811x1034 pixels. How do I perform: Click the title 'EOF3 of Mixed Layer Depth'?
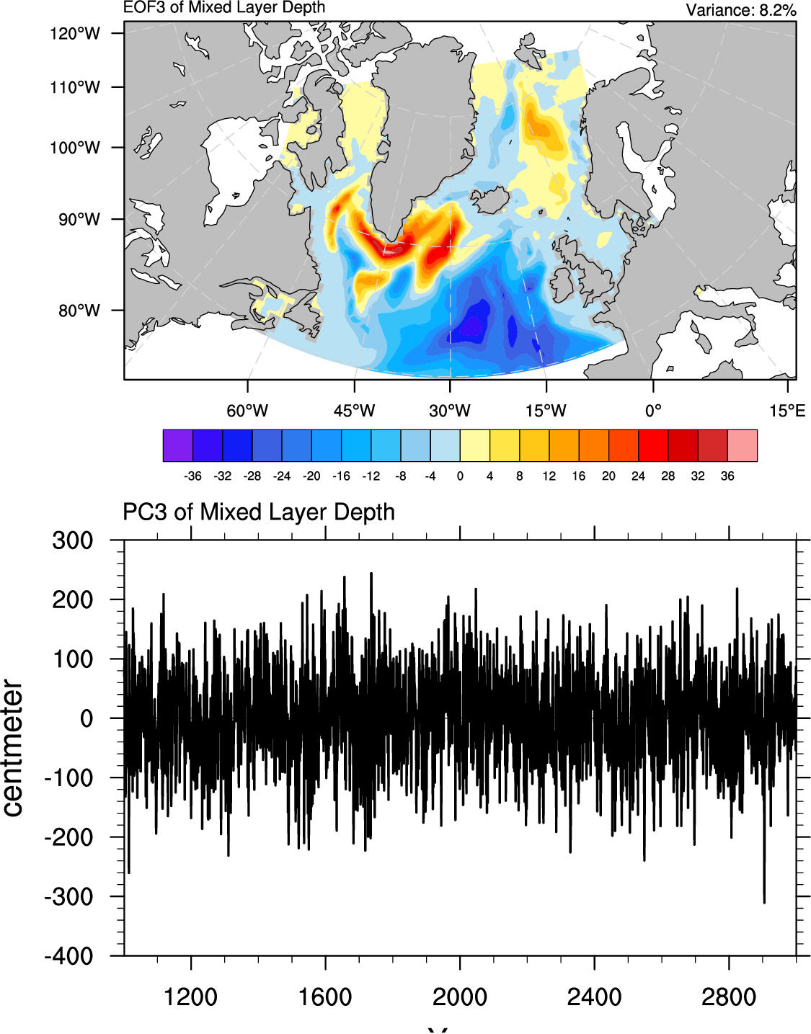[224, 8]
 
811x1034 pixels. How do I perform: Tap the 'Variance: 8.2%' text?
[740, 10]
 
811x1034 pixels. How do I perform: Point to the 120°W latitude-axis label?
[75, 33]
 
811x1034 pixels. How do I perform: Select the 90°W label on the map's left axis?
[79, 219]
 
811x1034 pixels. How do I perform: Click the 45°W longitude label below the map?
[354, 411]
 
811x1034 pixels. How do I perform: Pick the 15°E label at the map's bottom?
[786, 411]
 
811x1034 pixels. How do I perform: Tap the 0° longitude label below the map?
[653, 411]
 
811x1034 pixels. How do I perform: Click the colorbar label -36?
[192, 476]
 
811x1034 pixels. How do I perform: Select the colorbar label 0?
[460, 476]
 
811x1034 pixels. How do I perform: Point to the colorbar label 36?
[727, 476]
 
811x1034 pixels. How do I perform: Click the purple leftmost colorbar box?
[178, 445]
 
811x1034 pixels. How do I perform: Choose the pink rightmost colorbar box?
[743, 445]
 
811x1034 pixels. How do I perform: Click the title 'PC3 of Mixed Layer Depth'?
[259, 512]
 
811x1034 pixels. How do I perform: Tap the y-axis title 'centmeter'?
[13, 748]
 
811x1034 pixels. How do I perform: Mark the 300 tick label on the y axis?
[73, 540]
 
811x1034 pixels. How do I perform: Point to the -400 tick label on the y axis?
[68, 956]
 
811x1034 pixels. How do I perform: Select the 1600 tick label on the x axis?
[325, 997]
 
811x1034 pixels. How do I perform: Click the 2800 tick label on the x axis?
[729, 997]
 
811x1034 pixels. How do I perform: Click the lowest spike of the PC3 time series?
[764, 901]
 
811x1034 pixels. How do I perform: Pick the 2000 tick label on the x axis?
[460, 997]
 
